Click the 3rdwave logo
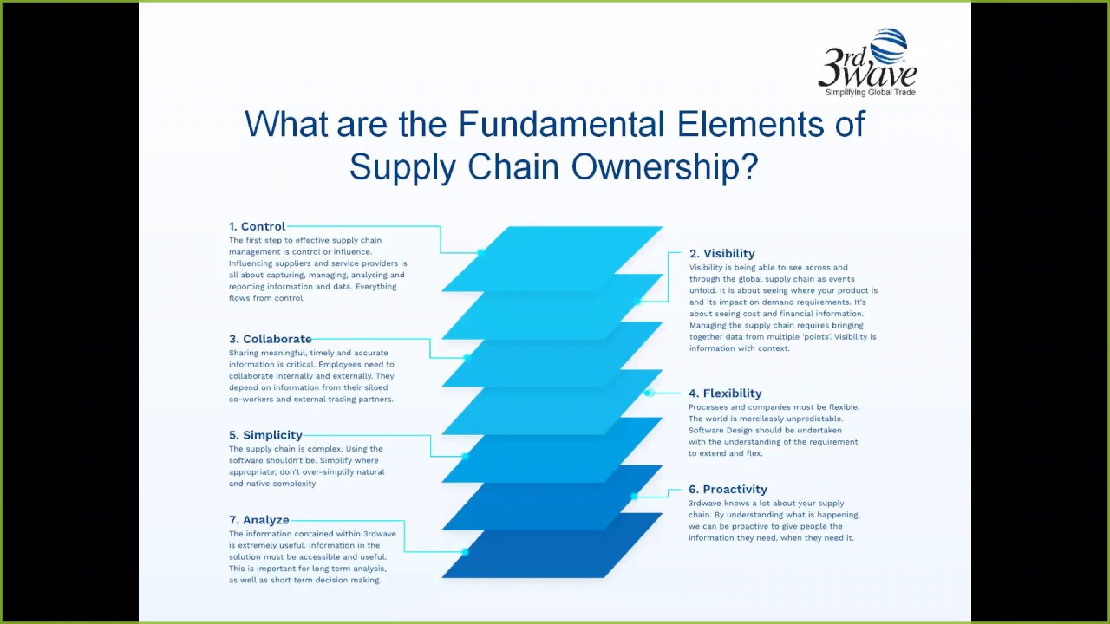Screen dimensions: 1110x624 (866, 62)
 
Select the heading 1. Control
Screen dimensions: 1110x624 (257, 227)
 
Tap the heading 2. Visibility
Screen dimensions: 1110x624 (721, 254)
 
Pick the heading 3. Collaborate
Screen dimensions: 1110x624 (270, 339)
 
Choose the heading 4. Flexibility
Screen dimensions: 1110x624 (725, 393)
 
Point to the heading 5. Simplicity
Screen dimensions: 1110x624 (265, 435)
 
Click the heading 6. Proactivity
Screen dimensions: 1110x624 (728, 490)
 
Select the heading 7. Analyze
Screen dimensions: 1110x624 (258, 520)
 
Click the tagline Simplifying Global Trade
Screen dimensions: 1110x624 (870, 93)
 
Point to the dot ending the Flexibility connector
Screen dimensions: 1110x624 (648, 393)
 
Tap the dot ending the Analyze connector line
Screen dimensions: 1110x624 (466, 551)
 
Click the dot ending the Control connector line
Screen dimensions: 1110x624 (480, 252)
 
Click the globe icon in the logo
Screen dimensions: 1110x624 (888, 46)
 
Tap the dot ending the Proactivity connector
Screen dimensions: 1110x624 (635, 497)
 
